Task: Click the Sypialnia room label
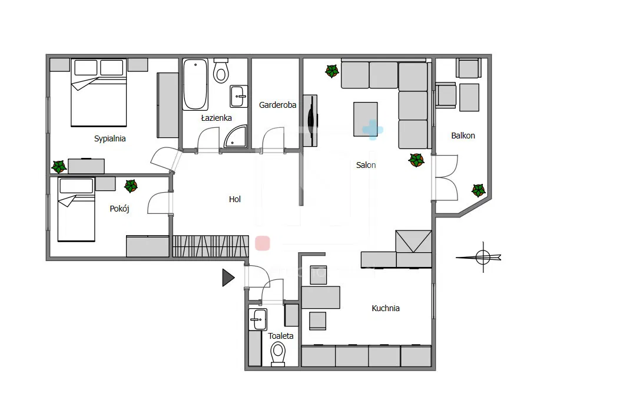tap(110, 139)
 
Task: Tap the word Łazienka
tap(216, 118)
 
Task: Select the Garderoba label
tap(277, 105)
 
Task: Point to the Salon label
tap(366, 165)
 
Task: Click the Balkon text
tap(463, 136)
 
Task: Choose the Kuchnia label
tap(386, 308)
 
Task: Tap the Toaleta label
tap(281, 336)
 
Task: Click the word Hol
tap(235, 199)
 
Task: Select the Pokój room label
tap(120, 209)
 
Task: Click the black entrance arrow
tap(228, 278)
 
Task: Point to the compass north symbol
tap(483, 257)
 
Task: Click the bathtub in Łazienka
tap(195, 84)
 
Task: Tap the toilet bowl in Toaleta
tap(278, 354)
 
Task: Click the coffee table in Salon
tap(366, 119)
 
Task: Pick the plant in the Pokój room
tap(131, 186)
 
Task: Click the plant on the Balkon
tap(478, 190)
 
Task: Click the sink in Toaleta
tap(258, 319)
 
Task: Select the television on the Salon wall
tap(310, 121)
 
